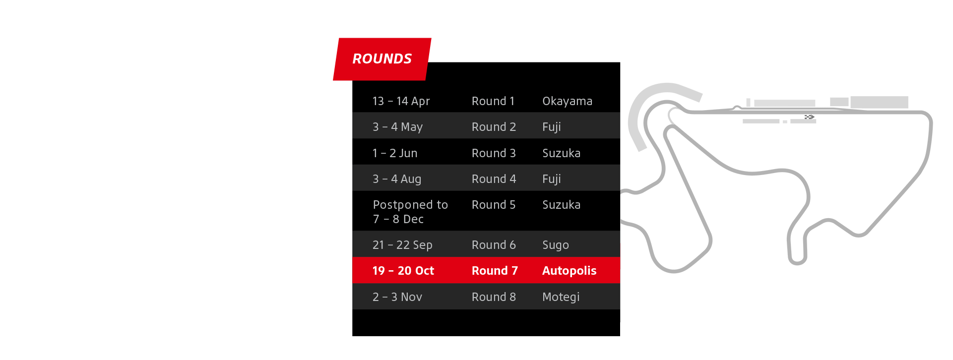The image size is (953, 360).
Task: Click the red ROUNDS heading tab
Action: coord(382,59)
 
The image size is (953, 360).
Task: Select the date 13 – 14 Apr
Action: coord(401,101)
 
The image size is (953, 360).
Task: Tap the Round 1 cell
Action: coord(493,101)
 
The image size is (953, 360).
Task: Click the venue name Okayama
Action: coord(567,101)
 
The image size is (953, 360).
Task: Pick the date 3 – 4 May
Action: coord(397,127)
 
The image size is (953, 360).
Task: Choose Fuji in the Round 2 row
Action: coord(551,127)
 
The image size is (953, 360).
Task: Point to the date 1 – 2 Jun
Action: coord(395,153)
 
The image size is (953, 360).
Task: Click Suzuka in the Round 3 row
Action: coord(561,153)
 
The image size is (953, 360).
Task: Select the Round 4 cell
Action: coord(494,179)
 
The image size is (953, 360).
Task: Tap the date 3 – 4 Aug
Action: coord(397,179)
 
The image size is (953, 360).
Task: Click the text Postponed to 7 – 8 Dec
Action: coord(410,212)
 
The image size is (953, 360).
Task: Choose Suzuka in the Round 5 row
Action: coord(561,205)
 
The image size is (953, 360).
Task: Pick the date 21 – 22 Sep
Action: coord(402,245)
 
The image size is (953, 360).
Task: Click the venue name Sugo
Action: coord(555,245)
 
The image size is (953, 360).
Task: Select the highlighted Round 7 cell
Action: coord(495,271)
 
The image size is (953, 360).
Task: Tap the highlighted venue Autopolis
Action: coord(569,271)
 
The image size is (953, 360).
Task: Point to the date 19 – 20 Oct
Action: coord(403,271)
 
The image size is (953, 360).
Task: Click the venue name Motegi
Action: coord(561,297)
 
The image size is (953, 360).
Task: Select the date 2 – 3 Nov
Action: coord(397,297)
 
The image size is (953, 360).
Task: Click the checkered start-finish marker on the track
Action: coord(809,117)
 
